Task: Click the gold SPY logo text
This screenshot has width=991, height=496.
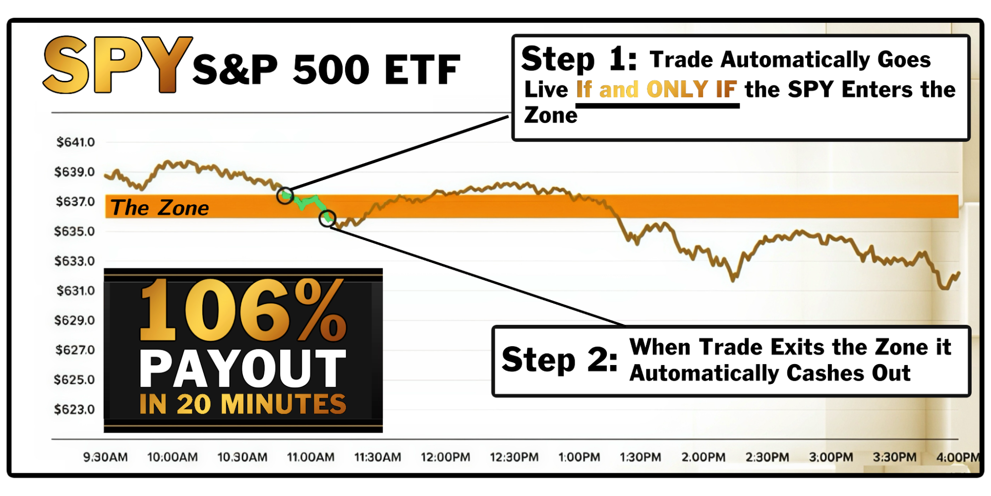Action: pos(117,65)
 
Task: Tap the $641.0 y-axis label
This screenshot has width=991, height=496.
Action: pos(75,142)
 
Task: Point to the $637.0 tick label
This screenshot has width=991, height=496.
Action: pos(75,202)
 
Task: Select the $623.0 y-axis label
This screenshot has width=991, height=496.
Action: pos(74,410)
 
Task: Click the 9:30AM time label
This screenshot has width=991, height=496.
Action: pos(105,457)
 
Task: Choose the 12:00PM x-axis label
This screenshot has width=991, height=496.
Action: pos(445,457)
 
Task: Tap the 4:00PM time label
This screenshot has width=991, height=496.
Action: pos(957,457)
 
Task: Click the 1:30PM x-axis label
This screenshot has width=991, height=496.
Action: pos(640,457)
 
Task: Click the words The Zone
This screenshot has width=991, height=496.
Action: pos(159,208)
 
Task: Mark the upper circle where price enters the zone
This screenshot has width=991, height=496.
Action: pos(285,195)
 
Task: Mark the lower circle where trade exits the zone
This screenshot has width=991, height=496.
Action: pos(327,218)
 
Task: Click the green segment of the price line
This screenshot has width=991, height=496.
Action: pos(307,201)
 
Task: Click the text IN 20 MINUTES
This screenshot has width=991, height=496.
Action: pos(242,404)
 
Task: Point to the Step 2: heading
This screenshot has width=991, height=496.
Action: pos(559,360)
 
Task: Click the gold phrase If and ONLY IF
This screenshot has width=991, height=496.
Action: pos(656,90)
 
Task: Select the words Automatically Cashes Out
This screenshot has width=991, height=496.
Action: pos(769,373)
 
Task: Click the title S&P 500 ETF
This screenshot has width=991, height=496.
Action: pos(326,70)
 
